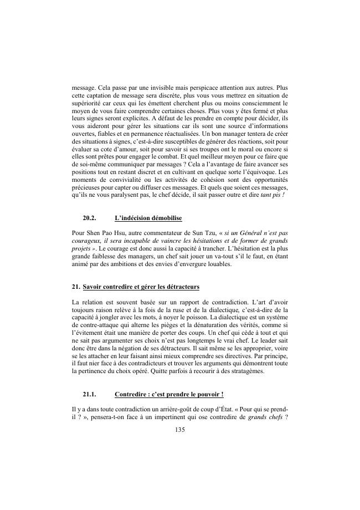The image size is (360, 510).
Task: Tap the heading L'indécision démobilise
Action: tap(148, 219)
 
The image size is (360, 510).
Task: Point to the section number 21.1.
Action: tap(90, 395)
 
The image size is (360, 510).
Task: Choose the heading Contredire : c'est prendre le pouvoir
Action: tap(168, 395)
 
